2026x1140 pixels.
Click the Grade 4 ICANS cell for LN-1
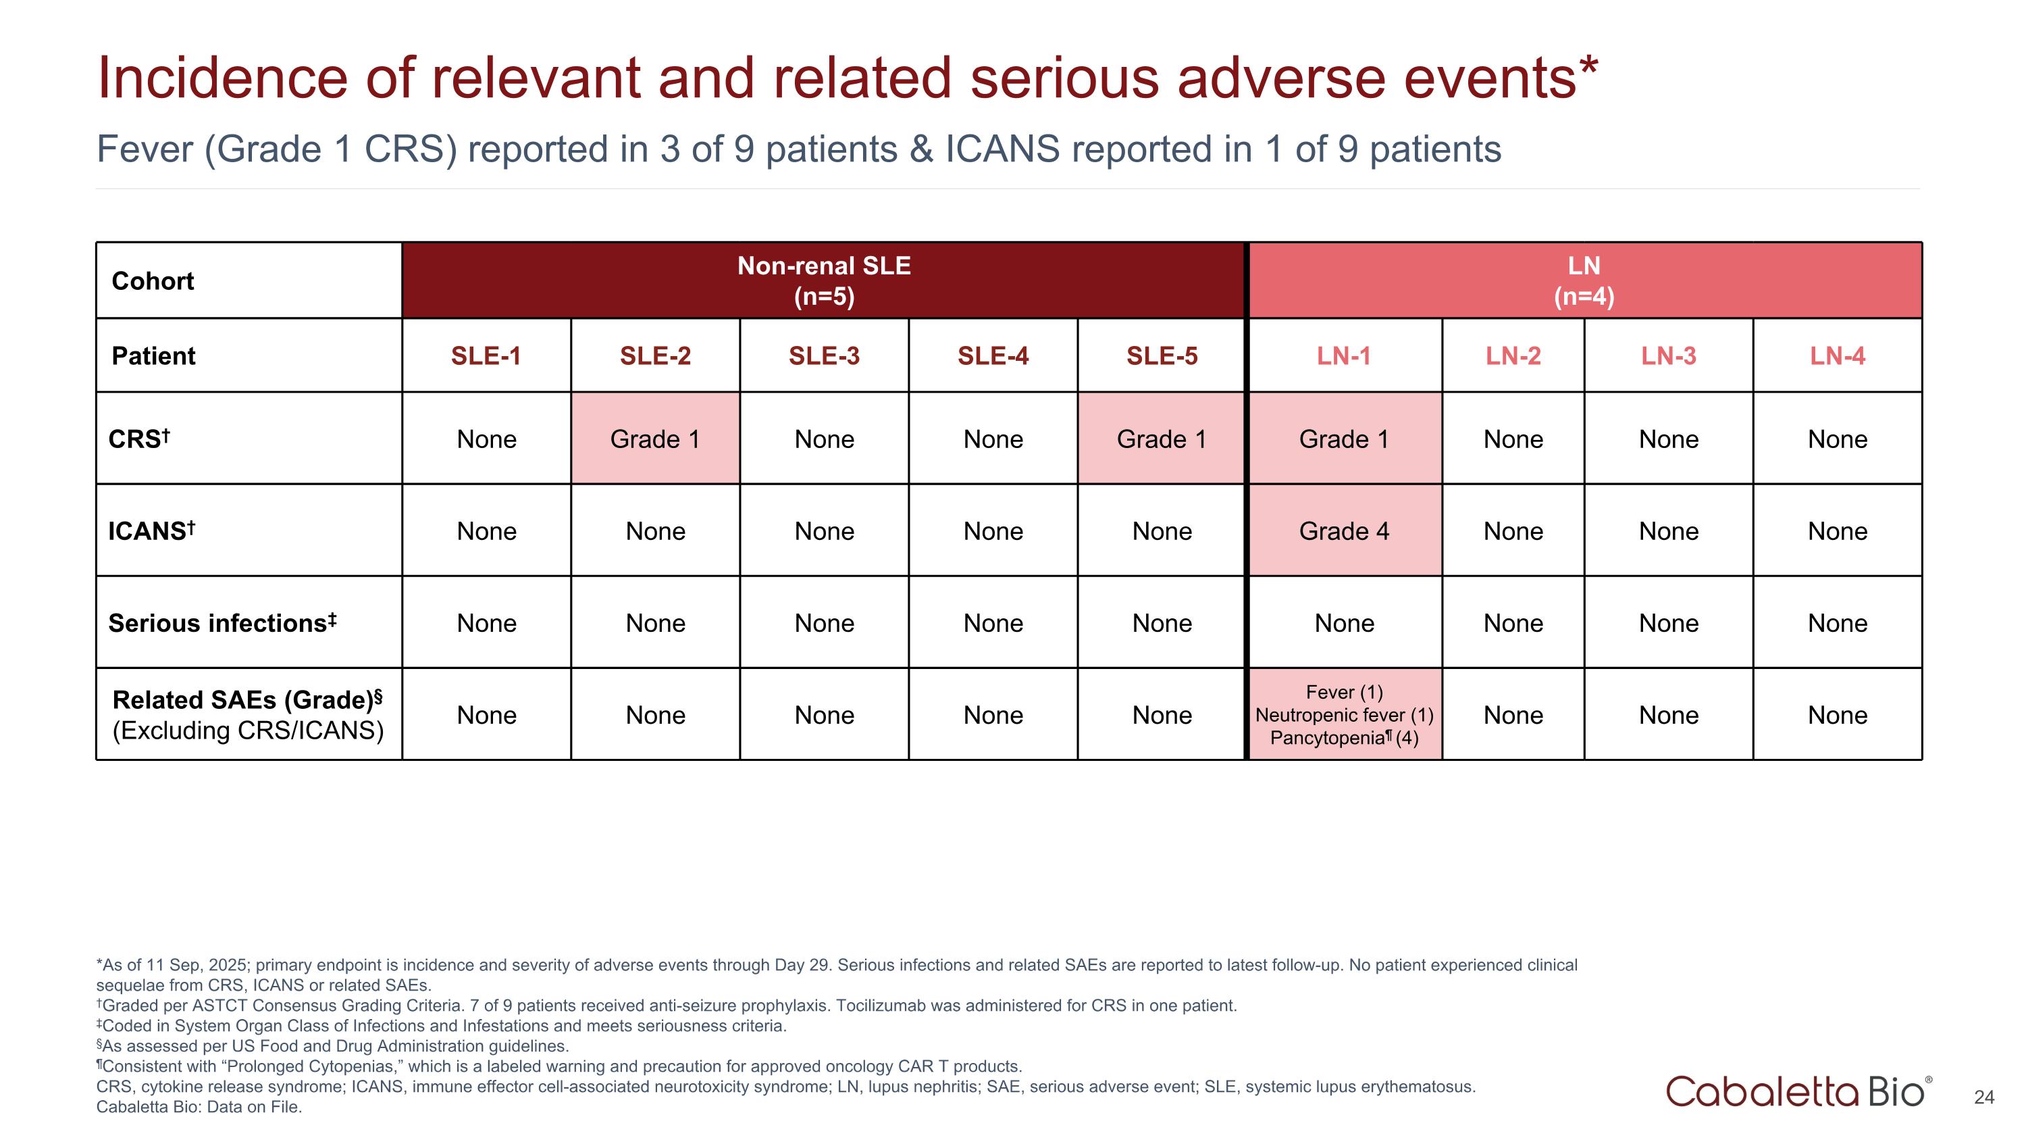click(1343, 531)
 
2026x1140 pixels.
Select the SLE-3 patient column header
click(823, 355)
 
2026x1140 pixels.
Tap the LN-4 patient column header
click(1836, 355)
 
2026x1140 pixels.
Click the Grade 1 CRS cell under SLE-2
click(654, 439)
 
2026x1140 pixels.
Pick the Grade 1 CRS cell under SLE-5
click(1161, 439)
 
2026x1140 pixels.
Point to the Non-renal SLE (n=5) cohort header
click(823, 281)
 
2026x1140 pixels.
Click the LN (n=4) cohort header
click(1583, 281)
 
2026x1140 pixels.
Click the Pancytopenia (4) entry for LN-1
click(1343, 738)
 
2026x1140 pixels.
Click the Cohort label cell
click(153, 281)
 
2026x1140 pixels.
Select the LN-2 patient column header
click(1513, 355)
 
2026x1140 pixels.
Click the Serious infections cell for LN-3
click(1668, 623)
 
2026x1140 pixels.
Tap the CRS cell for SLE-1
click(486, 439)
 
